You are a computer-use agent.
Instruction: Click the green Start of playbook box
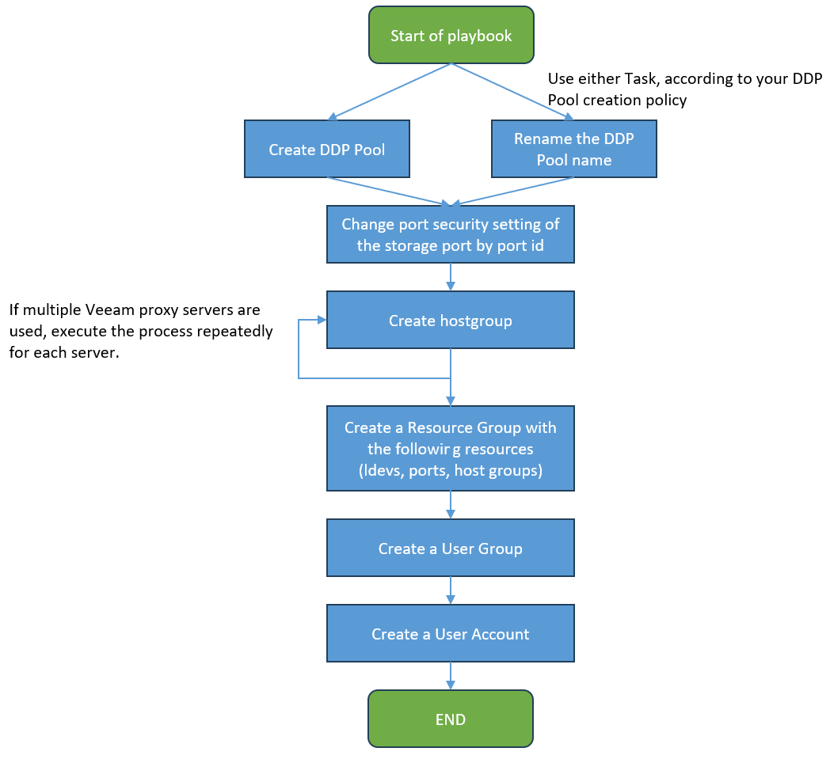pyautogui.click(x=451, y=35)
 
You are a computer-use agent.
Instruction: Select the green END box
pyautogui.click(x=451, y=719)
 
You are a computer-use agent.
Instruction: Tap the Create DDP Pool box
pyautogui.click(x=326, y=149)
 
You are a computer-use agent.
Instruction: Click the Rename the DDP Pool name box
pyautogui.click(x=574, y=149)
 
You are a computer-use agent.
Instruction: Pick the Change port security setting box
pyautogui.click(x=451, y=234)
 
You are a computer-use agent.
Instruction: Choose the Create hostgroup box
pyautogui.click(x=451, y=320)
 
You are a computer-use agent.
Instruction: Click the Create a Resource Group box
pyautogui.click(x=451, y=449)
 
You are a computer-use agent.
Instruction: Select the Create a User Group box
pyautogui.click(x=451, y=549)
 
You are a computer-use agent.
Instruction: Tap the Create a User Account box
pyautogui.click(x=451, y=633)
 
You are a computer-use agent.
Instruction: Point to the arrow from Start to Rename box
pyautogui.click(x=512, y=92)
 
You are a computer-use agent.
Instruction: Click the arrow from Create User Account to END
pyautogui.click(x=451, y=675)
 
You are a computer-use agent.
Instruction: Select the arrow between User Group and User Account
pyautogui.click(x=451, y=590)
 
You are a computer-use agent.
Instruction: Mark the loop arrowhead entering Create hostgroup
pyautogui.click(x=321, y=320)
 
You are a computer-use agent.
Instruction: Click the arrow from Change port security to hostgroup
pyautogui.click(x=451, y=277)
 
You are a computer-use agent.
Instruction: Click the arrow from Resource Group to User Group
pyautogui.click(x=451, y=505)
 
